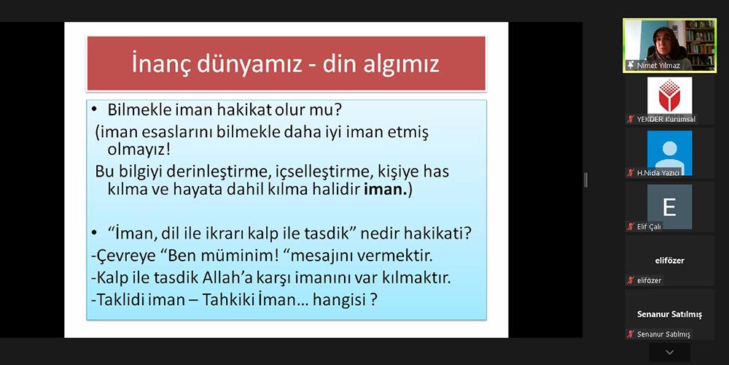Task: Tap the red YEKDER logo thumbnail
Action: click(x=669, y=96)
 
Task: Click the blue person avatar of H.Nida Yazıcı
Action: click(x=669, y=153)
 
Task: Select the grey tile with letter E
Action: click(x=669, y=207)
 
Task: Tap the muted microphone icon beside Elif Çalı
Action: click(x=631, y=227)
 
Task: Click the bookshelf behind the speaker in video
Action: click(x=699, y=43)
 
